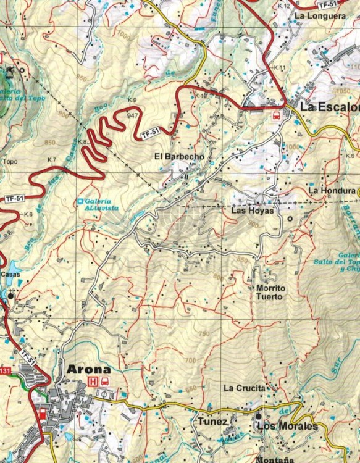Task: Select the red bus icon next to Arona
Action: (x=106, y=382)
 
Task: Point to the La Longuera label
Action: (x=320, y=16)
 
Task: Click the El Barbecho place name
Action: (x=179, y=157)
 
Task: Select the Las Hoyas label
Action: (x=251, y=211)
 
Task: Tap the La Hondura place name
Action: (x=333, y=191)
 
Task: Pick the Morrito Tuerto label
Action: (x=270, y=292)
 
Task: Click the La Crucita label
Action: (x=245, y=388)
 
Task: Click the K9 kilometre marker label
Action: (x=132, y=100)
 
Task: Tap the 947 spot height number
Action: (x=132, y=115)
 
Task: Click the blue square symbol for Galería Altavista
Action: (x=80, y=201)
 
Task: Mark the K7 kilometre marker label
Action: (x=52, y=160)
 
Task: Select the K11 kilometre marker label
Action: (x=279, y=67)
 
